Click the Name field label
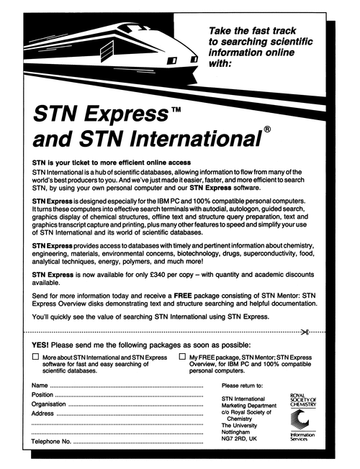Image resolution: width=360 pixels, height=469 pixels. tap(40, 386)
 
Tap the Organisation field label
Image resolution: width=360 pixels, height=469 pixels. tap(50, 404)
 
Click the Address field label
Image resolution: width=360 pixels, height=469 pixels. tap(44, 414)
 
